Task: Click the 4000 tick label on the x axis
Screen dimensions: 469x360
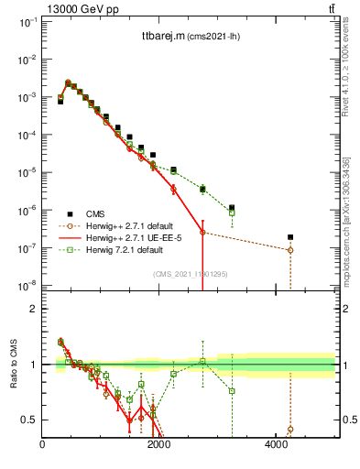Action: tap(277, 446)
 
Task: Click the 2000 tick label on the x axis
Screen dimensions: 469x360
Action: tap(159, 446)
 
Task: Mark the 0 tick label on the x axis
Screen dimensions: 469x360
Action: tap(43, 446)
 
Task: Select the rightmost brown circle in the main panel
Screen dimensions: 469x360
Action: tap(290, 250)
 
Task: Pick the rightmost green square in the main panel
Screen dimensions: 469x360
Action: tap(232, 213)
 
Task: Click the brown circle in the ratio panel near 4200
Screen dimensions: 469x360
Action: tap(290, 429)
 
